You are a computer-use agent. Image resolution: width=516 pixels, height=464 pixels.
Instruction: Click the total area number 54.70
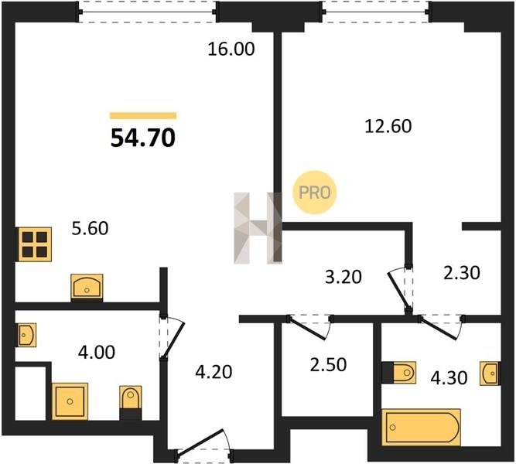point(143,138)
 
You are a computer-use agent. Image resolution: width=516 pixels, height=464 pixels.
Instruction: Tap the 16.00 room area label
point(231,49)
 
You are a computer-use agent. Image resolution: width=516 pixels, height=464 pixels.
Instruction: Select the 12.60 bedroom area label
point(388,126)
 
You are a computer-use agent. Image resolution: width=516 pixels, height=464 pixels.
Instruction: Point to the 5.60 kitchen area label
point(91,228)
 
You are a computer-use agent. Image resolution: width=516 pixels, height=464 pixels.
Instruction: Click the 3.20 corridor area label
point(343,277)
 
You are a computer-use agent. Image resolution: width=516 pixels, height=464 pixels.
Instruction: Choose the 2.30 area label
point(462,273)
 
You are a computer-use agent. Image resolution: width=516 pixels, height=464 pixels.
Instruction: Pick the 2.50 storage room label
point(329,364)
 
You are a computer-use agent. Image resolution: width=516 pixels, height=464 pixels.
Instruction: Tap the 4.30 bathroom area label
point(449,378)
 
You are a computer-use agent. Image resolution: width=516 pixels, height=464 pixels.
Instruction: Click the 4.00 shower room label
point(97,352)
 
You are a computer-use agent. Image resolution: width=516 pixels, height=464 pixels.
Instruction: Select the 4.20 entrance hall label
point(214,372)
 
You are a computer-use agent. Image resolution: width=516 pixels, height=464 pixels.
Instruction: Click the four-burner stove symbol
point(35,244)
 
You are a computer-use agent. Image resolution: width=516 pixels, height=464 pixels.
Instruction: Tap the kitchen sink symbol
point(87,287)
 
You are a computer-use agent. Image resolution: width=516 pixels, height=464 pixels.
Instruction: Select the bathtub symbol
point(421,428)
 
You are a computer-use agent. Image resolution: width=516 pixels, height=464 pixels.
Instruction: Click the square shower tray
point(70,401)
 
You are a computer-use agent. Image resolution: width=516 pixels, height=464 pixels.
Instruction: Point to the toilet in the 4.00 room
point(131,403)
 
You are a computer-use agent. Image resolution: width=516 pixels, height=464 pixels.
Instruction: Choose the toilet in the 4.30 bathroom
point(399,373)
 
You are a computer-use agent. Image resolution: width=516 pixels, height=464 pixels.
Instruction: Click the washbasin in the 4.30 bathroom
point(490,374)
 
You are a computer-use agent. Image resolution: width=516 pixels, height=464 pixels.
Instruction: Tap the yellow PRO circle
point(315,193)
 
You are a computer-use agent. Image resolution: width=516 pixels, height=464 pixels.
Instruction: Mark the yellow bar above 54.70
point(143,115)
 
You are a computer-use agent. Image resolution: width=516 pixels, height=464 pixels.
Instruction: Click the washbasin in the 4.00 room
point(26,335)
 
